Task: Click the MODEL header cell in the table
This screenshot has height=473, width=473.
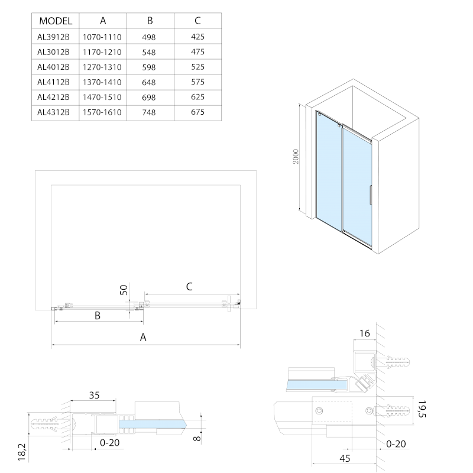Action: point(55,21)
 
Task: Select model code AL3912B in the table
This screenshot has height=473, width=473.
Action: point(54,36)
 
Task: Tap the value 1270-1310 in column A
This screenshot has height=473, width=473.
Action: point(103,66)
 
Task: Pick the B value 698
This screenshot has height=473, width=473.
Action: point(150,96)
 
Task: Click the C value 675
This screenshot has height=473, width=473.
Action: point(197,112)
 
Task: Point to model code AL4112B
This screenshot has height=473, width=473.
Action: point(54,82)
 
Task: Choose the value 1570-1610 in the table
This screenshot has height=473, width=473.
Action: point(103,112)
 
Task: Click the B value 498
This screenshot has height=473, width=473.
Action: point(150,36)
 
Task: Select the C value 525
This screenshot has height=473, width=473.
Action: point(197,66)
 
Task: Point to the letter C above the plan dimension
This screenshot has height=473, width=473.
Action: point(189,287)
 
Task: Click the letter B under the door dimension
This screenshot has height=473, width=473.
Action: point(98,316)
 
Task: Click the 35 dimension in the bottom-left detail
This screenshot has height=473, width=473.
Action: point(94,396)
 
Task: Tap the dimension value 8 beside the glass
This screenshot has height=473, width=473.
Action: point(197,438)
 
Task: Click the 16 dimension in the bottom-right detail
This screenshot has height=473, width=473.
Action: point(364,334)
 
